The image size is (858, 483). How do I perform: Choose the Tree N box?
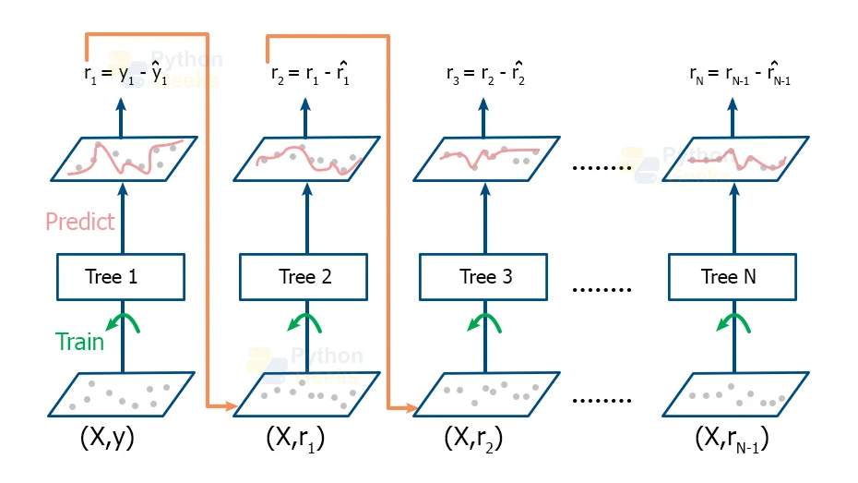tap(731, 276)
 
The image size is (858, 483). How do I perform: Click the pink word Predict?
tap(80, 222)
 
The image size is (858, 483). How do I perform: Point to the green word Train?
tap(80, 342)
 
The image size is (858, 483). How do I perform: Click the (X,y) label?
tap(108, 438)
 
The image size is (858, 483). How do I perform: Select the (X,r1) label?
tap(294, 439)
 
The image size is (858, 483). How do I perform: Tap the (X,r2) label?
tap(474, 439)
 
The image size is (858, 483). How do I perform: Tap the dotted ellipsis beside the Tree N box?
tap(602, 288)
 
